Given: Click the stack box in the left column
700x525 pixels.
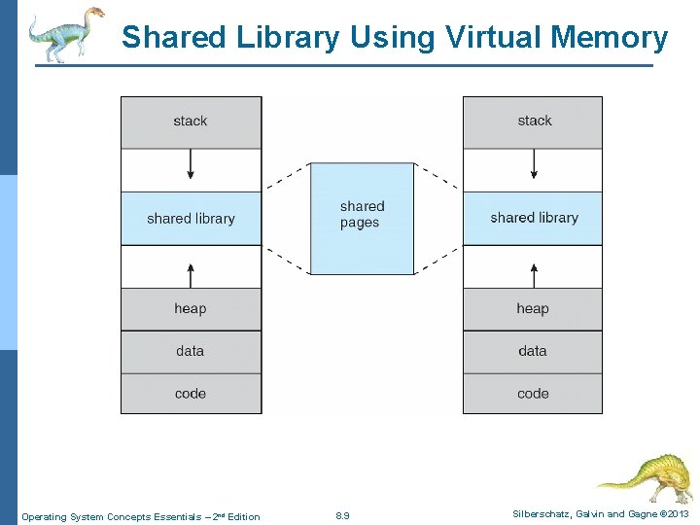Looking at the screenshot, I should point(191,122).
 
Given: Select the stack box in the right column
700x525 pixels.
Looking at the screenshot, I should point(533,122).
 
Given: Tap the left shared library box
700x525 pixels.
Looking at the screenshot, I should point(191,218).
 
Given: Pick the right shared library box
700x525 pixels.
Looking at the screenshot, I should point(533,218).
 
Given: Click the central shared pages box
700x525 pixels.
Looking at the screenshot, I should point(362,218).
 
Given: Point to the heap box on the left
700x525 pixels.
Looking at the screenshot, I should point(191,308).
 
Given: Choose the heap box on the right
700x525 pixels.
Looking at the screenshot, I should point(533,308).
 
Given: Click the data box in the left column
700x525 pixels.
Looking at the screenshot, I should point(191,351).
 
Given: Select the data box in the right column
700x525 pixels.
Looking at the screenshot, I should point(533,351).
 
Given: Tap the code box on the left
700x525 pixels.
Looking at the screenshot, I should point(191,393).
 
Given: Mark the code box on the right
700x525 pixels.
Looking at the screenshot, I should point(533,393).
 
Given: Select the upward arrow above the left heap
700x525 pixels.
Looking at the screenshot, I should point(191,273).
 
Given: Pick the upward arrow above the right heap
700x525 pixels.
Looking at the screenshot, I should point(533,273).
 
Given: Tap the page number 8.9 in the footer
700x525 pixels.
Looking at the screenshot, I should point(342,515).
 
